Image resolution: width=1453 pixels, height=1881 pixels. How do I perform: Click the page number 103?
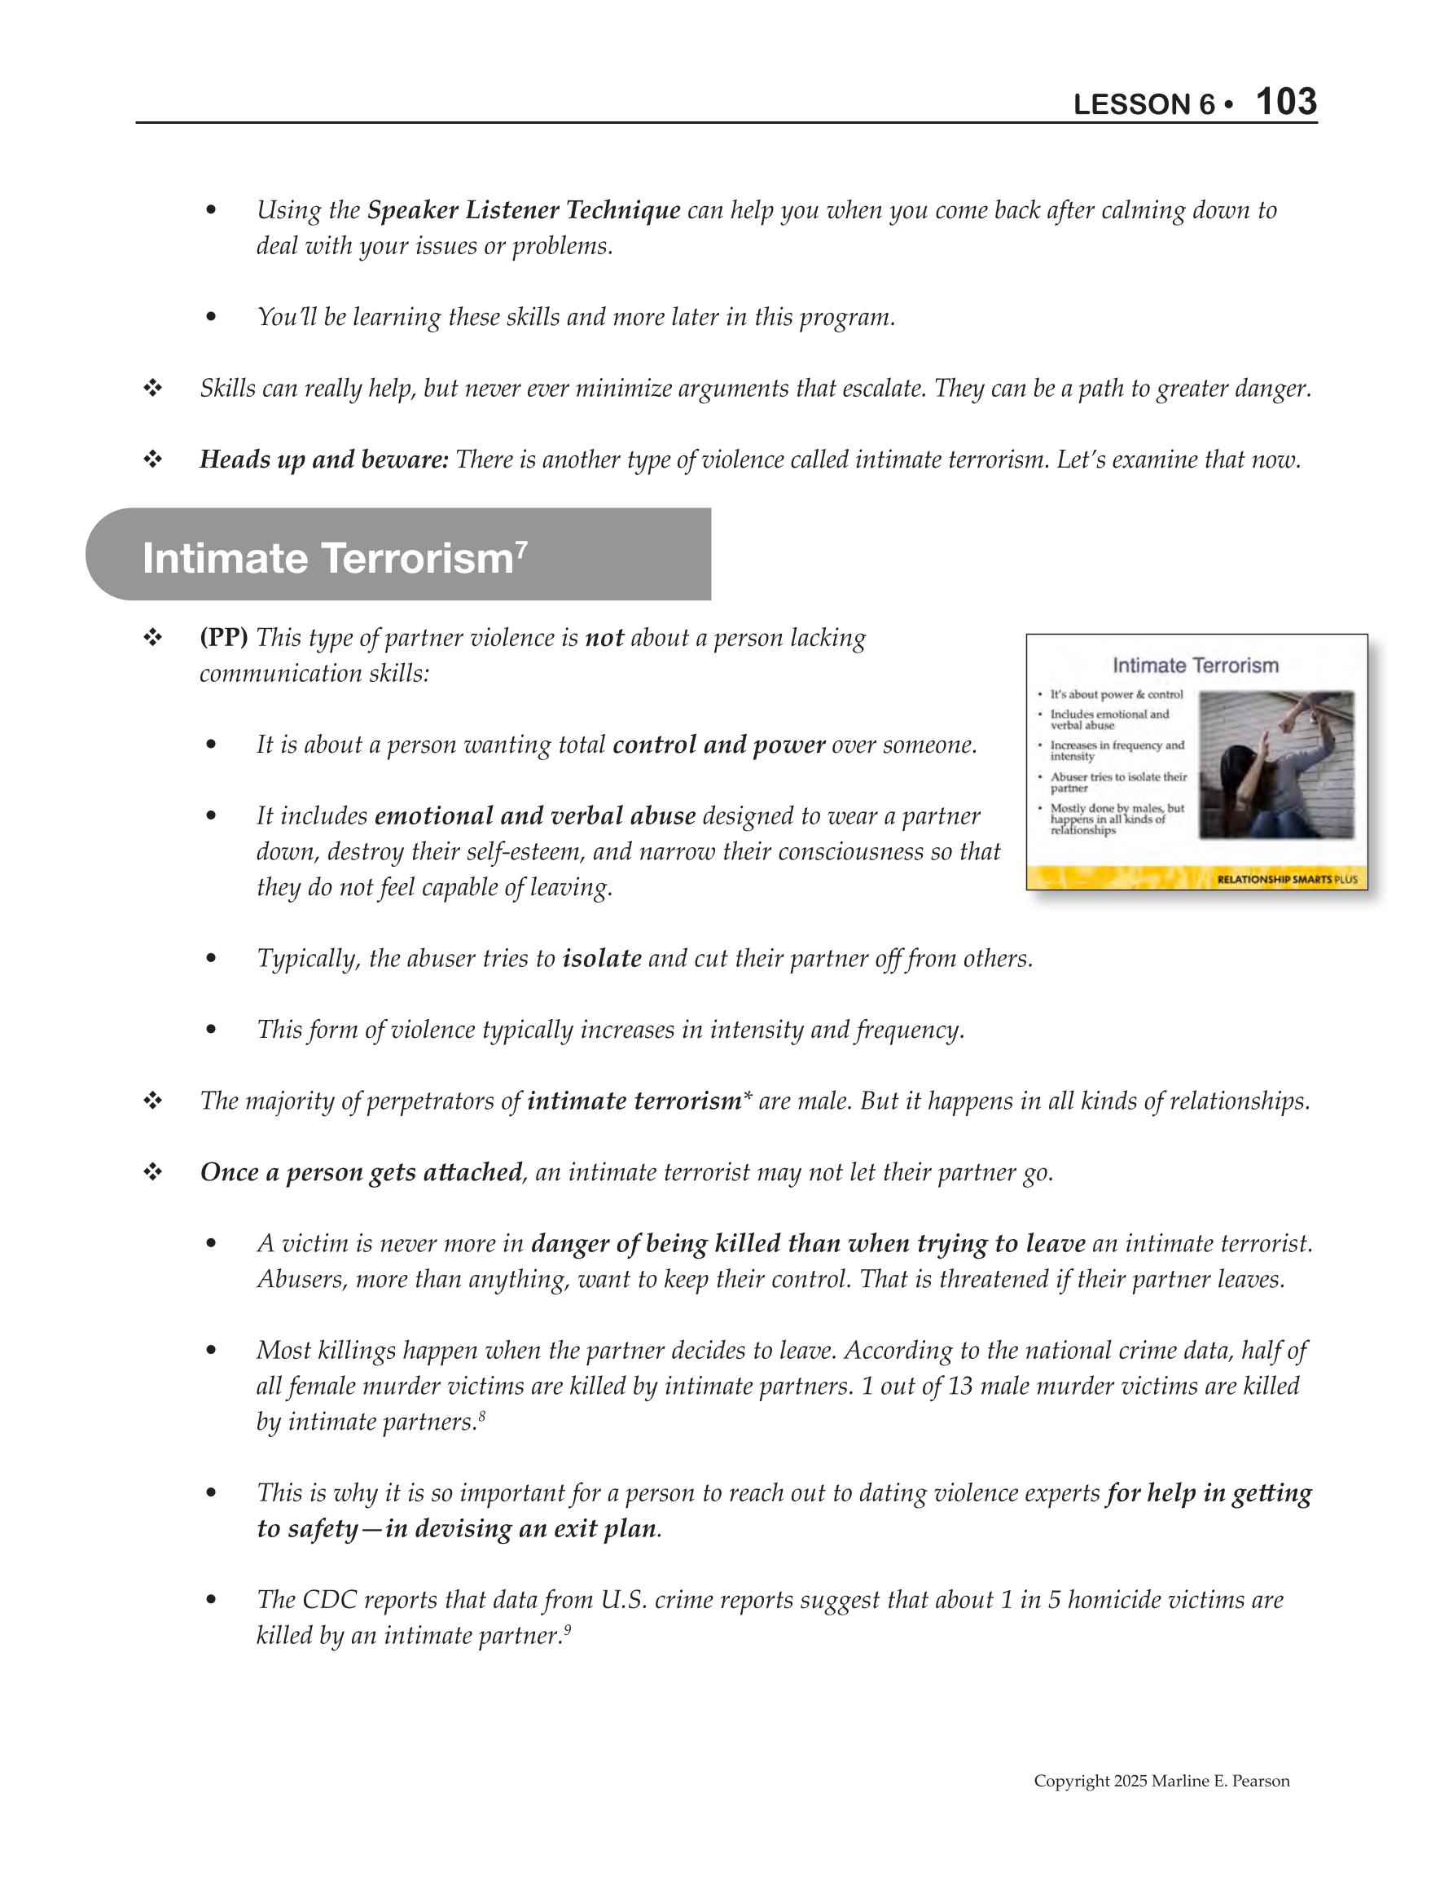(x=1286, y=102)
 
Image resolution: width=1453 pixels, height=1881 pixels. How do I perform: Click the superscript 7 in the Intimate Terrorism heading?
(x=521, y=547)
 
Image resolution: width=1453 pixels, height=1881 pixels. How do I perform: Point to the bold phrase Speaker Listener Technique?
(x=524, y=210)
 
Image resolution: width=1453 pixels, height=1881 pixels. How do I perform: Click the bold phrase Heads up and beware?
(x=324, y=460)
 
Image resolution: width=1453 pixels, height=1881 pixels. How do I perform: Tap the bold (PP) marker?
(x=224, y=638)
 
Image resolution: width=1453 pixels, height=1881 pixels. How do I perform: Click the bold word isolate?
(x=601, y=959)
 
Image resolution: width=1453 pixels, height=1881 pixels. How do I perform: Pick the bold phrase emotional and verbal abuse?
(x=535, y=816)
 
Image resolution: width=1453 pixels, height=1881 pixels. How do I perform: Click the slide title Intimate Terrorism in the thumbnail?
(x=1195, y=666)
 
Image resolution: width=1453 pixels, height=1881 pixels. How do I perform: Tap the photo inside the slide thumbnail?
(x=1276, y=765)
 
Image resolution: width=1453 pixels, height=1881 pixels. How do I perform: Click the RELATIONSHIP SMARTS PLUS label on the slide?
(x=1287, y=879)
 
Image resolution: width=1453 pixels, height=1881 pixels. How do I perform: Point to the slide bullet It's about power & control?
(x=1117, y=694)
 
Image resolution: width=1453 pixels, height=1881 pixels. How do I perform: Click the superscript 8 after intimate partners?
(x=482, y=1414)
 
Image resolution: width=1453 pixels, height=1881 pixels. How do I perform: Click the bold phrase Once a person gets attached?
(x=361, y=1172)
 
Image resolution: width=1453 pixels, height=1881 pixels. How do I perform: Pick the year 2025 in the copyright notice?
(x=1129, y=1781)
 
